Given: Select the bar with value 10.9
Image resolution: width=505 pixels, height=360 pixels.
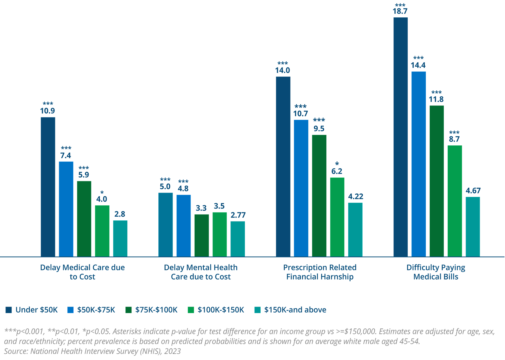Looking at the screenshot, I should (x=48, y=187).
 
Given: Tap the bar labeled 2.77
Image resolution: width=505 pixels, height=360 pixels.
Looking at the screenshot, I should (x=238, y=239).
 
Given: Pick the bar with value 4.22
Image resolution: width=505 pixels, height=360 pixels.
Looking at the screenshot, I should (x=355, y=229).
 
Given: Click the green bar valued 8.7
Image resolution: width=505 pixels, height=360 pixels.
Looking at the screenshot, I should (x=455, y=201).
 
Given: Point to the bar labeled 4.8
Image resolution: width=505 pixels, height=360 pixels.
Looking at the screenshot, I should (x=184, y=226).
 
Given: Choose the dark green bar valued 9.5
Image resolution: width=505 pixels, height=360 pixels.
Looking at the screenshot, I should (x=319, y=195).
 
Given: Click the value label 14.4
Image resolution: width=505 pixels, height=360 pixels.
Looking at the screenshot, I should (x=418, y=65).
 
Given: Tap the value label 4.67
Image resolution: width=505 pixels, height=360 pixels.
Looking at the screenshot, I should (x=473, y=191).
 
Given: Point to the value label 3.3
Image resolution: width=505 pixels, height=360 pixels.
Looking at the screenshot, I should (x=201, y=208).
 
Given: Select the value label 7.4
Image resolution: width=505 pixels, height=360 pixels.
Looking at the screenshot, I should (x=65, y=156).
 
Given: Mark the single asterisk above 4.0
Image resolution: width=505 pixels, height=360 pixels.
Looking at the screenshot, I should (x=102, y=193).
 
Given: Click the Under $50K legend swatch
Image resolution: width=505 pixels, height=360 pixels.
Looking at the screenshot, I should (x=9, y=310).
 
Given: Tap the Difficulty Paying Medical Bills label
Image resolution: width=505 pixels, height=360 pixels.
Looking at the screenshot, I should (x=436, y=272).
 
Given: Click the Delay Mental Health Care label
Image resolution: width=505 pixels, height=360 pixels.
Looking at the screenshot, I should (x=201, y=272).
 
